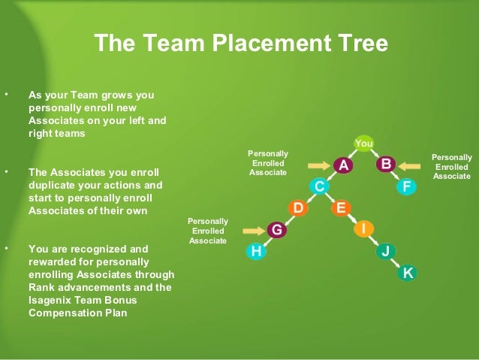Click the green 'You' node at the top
point(364,143)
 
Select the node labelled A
point(343,165)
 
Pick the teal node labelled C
point(320,186)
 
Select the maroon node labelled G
point(277,230)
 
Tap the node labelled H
point(256,252)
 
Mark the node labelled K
point(407,273)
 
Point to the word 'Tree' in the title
point(362,44)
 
